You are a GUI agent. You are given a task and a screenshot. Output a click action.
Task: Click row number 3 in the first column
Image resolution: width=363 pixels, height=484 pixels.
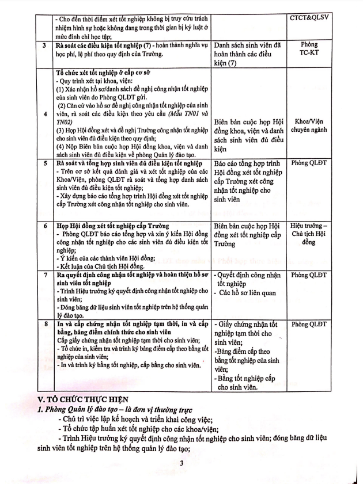click(44, 45)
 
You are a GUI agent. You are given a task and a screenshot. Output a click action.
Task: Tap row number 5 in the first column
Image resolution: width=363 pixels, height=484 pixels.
click(44, 164)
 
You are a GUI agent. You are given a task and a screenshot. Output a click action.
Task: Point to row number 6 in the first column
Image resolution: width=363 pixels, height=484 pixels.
click(44, 226)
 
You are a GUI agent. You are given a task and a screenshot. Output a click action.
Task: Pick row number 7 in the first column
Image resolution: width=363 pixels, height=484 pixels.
click(44, 275)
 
